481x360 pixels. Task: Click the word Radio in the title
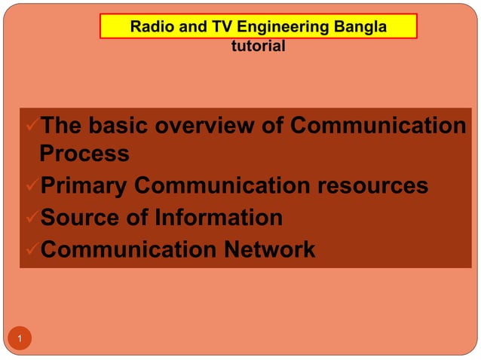coord(151,28)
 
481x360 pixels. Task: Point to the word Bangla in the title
coord(359,28)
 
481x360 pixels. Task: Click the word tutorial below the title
coord(258,47)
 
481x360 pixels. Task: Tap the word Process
coord(84,154)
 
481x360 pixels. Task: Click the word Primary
coord(84,186)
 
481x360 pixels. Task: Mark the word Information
coord(219,218)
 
